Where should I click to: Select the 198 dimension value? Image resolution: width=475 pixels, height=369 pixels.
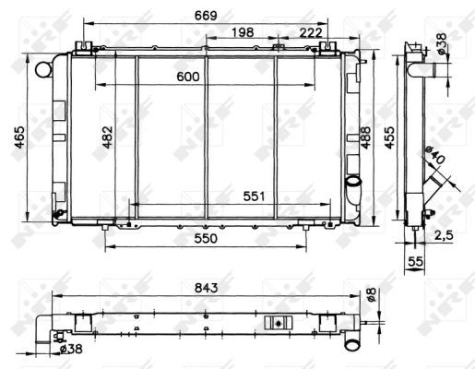[x=242, y=33]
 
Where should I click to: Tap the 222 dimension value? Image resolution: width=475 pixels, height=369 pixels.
[x=310, y=33]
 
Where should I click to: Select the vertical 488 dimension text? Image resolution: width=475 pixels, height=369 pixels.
[x=367, y=139]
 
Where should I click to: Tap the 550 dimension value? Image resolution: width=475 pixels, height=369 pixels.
[x=205, y=239]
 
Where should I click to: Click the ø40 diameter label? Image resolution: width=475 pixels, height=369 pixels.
[x=436, y=159]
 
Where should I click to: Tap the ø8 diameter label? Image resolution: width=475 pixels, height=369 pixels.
[x=370, y=295]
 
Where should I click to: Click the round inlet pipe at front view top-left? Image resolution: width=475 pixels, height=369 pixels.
[x=42, y=68]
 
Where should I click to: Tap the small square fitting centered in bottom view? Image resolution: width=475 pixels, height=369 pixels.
[x=274, y=323]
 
